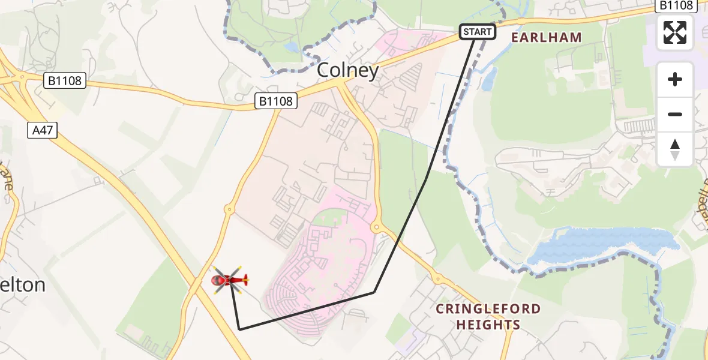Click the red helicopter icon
[229, 280]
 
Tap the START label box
[478, 32]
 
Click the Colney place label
[347, 71]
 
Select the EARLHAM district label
[546, 37]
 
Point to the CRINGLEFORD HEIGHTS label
[488, 317]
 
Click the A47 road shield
[42, 130]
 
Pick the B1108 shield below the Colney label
[276, 101]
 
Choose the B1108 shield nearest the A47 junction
[65, 80]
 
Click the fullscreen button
[675, 32]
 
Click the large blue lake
[600, 246]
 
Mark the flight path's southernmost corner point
[239, 329]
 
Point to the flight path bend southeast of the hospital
[374, 292]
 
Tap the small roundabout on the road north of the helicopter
[228, 209]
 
